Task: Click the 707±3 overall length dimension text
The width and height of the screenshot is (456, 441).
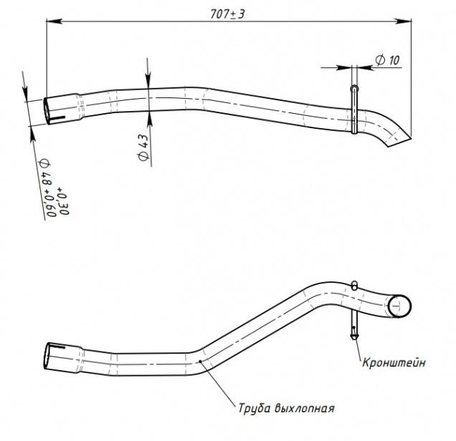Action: click(x=227, y=14)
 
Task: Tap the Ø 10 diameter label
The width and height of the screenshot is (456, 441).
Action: click(x=387, y=60)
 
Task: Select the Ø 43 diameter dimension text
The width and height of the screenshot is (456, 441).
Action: click(x=143, y=147)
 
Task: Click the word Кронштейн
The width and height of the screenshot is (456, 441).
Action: click(x=394, y=363)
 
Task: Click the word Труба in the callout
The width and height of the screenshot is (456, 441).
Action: click(x=255, y=408)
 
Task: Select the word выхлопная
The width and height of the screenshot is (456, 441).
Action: click(x=305, y=408)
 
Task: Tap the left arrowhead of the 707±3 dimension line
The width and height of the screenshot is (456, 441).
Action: click(x=54, y=21)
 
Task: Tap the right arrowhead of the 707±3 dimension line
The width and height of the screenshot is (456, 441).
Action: click(x=404, y=21)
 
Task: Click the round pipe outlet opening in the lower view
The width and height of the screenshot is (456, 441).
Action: click(x=399, y=306)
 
